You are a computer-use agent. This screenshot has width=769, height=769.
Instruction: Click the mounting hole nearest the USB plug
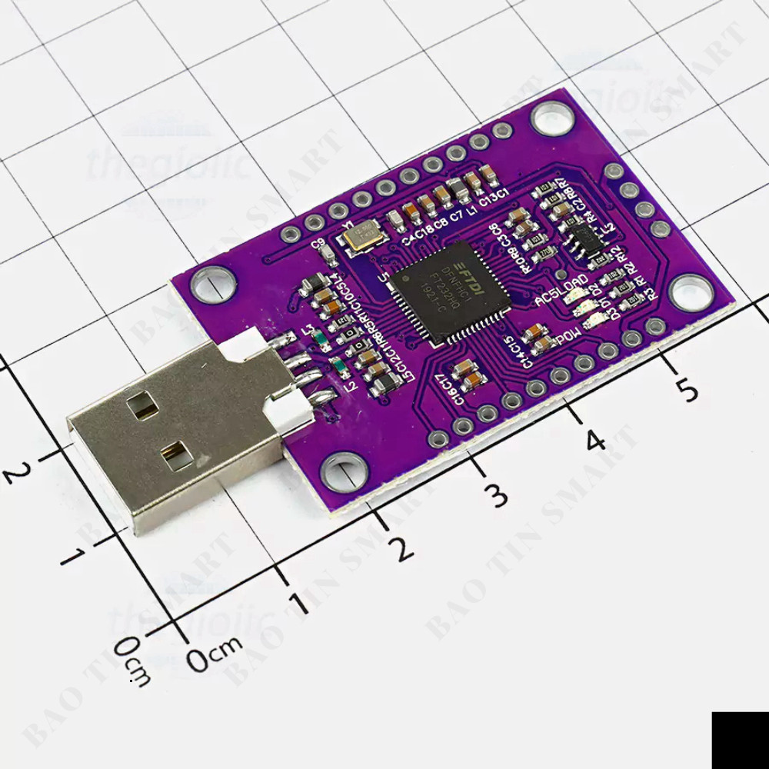point(341,471)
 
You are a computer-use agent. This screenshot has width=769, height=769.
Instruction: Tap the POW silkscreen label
point(568,336)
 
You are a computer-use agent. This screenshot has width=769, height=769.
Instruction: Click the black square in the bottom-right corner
point(740,740)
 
